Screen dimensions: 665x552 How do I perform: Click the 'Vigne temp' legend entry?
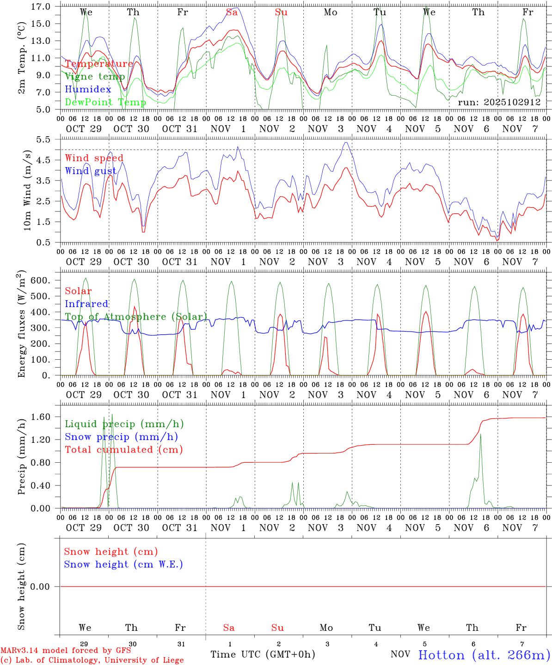(95, 77)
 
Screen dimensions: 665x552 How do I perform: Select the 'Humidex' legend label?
(88, 89)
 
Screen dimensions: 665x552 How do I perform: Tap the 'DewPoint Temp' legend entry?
(105, 102)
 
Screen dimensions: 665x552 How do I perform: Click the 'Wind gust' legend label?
(91, 171)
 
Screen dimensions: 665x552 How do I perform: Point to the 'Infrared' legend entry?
(86, 304)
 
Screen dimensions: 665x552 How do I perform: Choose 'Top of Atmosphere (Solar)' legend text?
(135, 317)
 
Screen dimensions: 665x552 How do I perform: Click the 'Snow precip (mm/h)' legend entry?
(121, 437)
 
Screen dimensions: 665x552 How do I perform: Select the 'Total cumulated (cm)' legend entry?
(123, 450)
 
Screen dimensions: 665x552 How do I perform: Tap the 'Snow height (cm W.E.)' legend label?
(123, 564)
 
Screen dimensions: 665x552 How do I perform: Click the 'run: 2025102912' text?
(499, 102)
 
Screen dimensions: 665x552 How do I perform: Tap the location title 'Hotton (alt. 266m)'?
(484, 655)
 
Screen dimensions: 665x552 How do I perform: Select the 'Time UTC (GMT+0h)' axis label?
(263, 654)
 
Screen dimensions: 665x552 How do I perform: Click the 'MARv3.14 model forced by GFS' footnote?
(66, 651)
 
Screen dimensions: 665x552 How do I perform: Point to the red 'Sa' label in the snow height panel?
(229, 628)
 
